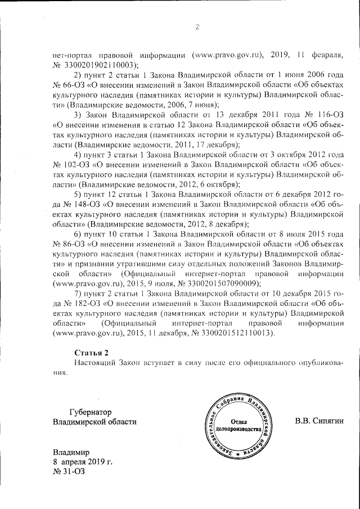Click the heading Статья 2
91,353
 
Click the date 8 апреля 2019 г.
82,462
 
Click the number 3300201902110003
100,65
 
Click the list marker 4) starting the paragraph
79,154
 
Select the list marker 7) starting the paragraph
79,294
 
